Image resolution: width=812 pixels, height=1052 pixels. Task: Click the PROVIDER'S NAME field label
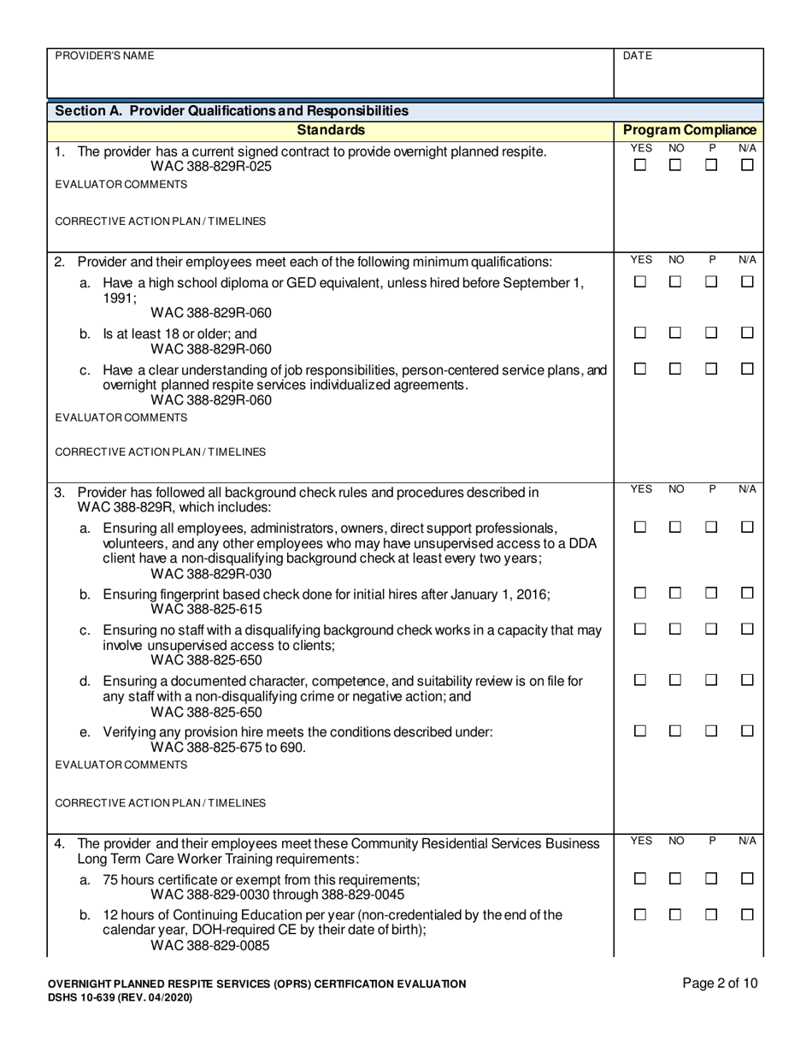click(x=104, y=56)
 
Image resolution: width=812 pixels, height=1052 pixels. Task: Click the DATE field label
click(x=638, y=56)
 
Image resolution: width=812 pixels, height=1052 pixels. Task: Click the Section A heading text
click(x=231, y=111)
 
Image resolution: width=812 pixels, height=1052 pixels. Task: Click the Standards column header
click(x=331, y=130)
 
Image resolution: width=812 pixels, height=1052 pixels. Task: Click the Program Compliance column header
click(x=690, y=130)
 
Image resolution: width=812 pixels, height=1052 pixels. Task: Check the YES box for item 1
click(x=640, y=166)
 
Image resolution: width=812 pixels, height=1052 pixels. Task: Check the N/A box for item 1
click(x=747, y=166)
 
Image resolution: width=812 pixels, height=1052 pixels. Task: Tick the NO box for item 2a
click(x=675, y=282)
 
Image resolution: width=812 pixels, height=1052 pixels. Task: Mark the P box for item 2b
click(x=711, y=333)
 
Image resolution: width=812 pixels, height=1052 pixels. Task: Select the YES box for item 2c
click(x=640, y=369)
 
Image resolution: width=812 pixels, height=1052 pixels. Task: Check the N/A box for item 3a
click(x=747, y=528)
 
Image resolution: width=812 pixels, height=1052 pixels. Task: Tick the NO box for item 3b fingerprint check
click(x=675, y=593)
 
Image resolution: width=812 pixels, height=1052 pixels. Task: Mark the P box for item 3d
click(x=711, y=680)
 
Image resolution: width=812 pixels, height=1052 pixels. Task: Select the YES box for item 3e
click(x=640, y=731)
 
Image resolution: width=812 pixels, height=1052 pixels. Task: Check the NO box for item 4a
click(x=675, y=878)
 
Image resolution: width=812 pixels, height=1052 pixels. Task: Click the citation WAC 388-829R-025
click(x=211, y=167)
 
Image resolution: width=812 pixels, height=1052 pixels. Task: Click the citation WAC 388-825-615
click(x=206, y=610)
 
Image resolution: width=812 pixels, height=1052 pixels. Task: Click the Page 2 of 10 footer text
click(x=720, y=984)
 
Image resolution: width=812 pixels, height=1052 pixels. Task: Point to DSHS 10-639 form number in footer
click(x=89, y=998)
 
